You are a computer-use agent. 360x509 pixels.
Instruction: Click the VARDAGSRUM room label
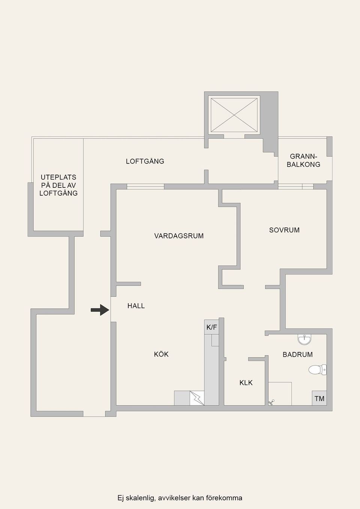tap(179, 236)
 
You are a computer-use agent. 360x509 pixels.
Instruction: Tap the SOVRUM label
tap(284, 230)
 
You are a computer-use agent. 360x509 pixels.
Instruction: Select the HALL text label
tap(136, 306)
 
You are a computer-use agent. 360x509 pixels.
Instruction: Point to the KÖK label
tap(161, 354)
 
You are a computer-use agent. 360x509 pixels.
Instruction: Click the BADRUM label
tap(297, 355)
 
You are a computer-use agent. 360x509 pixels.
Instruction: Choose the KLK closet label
tap(246, 383)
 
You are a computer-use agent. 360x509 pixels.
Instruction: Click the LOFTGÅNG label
tap(145, 161)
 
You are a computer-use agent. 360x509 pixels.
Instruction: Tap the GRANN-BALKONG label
tap(303, 160)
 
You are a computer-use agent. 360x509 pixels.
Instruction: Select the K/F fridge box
tap(211, 328)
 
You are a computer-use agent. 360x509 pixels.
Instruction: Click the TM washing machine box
tap(319, 398)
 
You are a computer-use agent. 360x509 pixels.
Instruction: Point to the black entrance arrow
tap(100, 310)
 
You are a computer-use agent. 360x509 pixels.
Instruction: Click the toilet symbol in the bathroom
tap(318, 370)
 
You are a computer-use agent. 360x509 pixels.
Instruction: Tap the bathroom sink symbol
tap(304, 340)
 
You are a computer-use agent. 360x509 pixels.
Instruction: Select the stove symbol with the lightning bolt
tap(197, 398)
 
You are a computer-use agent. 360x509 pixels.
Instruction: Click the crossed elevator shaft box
tap(234, 115)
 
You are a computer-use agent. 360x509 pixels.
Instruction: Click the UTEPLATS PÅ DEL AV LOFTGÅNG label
tap(58, 185)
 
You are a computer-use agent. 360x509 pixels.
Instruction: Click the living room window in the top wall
tap(145, 187)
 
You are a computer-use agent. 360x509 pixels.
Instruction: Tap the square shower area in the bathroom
tap(280, 394)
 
